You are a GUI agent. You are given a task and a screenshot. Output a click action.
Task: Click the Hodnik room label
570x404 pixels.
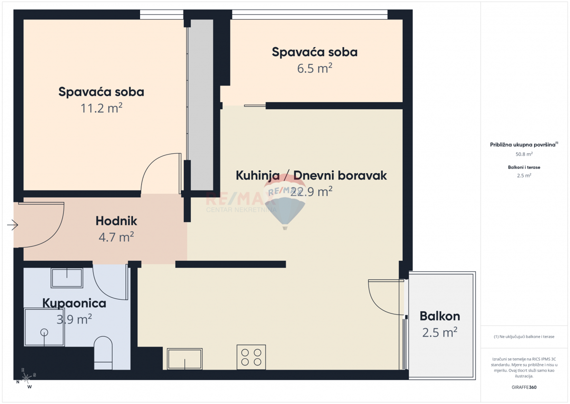point(116,221)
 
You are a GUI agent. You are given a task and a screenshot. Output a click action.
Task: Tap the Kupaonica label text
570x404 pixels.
point(74,303)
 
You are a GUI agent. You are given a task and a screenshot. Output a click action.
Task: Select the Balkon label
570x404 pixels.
point(440,316)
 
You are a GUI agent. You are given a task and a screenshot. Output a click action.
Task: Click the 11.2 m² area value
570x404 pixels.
point(102,108)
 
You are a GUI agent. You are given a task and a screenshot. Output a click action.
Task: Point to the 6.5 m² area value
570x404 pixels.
point(314,68)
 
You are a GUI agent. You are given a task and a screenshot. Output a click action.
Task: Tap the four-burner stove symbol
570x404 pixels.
point(251,357)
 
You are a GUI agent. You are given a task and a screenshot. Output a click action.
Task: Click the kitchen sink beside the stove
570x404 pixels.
point(184,358)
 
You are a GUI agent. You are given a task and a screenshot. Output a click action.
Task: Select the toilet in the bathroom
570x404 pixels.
point(103,353)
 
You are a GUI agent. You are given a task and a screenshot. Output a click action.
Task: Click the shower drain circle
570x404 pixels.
point(45,332)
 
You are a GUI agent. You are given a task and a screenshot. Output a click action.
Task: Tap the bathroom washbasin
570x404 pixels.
point(67,278)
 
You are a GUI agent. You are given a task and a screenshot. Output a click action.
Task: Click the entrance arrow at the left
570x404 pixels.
point(13,225)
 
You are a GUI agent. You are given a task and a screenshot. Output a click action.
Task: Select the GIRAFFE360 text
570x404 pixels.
point(524,387)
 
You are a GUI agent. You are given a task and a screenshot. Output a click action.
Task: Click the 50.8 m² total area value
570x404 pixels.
point(524,154)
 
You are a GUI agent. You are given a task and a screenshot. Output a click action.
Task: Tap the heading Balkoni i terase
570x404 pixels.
point(524,168)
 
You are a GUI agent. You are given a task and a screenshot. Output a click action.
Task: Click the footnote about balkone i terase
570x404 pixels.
point(524,336)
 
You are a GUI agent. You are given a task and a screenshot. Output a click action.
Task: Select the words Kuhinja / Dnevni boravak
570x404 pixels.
point(311,176)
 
